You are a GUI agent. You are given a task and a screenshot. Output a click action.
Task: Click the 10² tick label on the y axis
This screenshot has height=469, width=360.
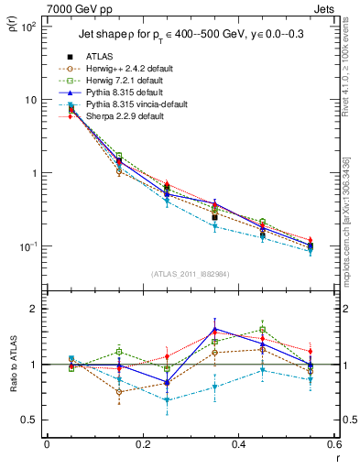tap(27, 27)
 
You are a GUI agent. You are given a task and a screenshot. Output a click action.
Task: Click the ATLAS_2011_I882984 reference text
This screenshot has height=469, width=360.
tap(191, 275)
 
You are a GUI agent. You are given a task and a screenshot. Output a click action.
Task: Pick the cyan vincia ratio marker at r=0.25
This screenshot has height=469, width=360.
tap(166, 400)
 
